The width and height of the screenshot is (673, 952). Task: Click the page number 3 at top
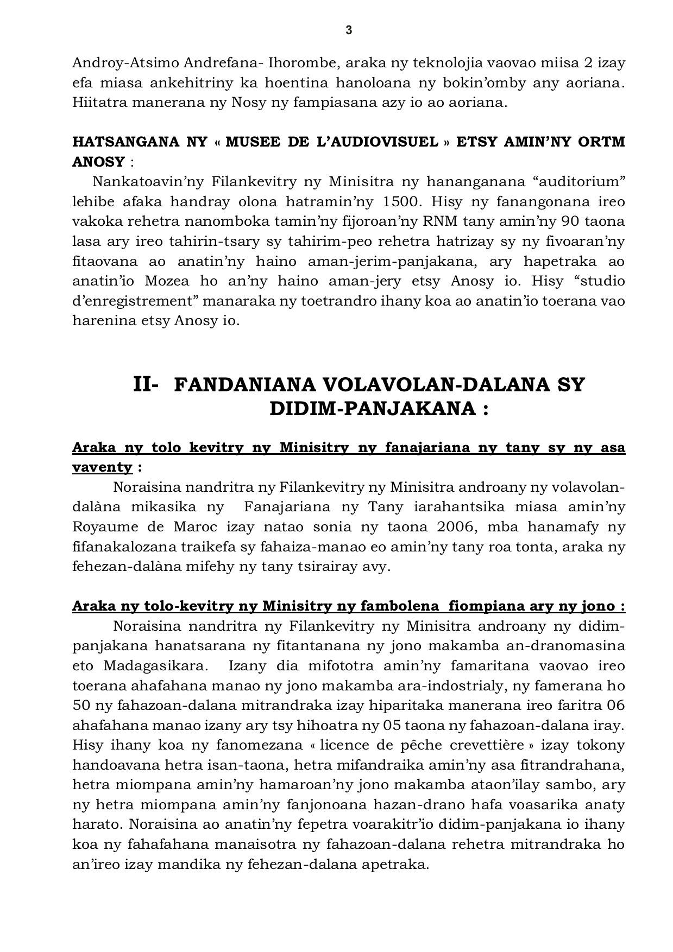pos(349,30)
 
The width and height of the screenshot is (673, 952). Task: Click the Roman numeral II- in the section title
pos(146,384)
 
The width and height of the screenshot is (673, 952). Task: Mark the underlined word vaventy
pos(102,467)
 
